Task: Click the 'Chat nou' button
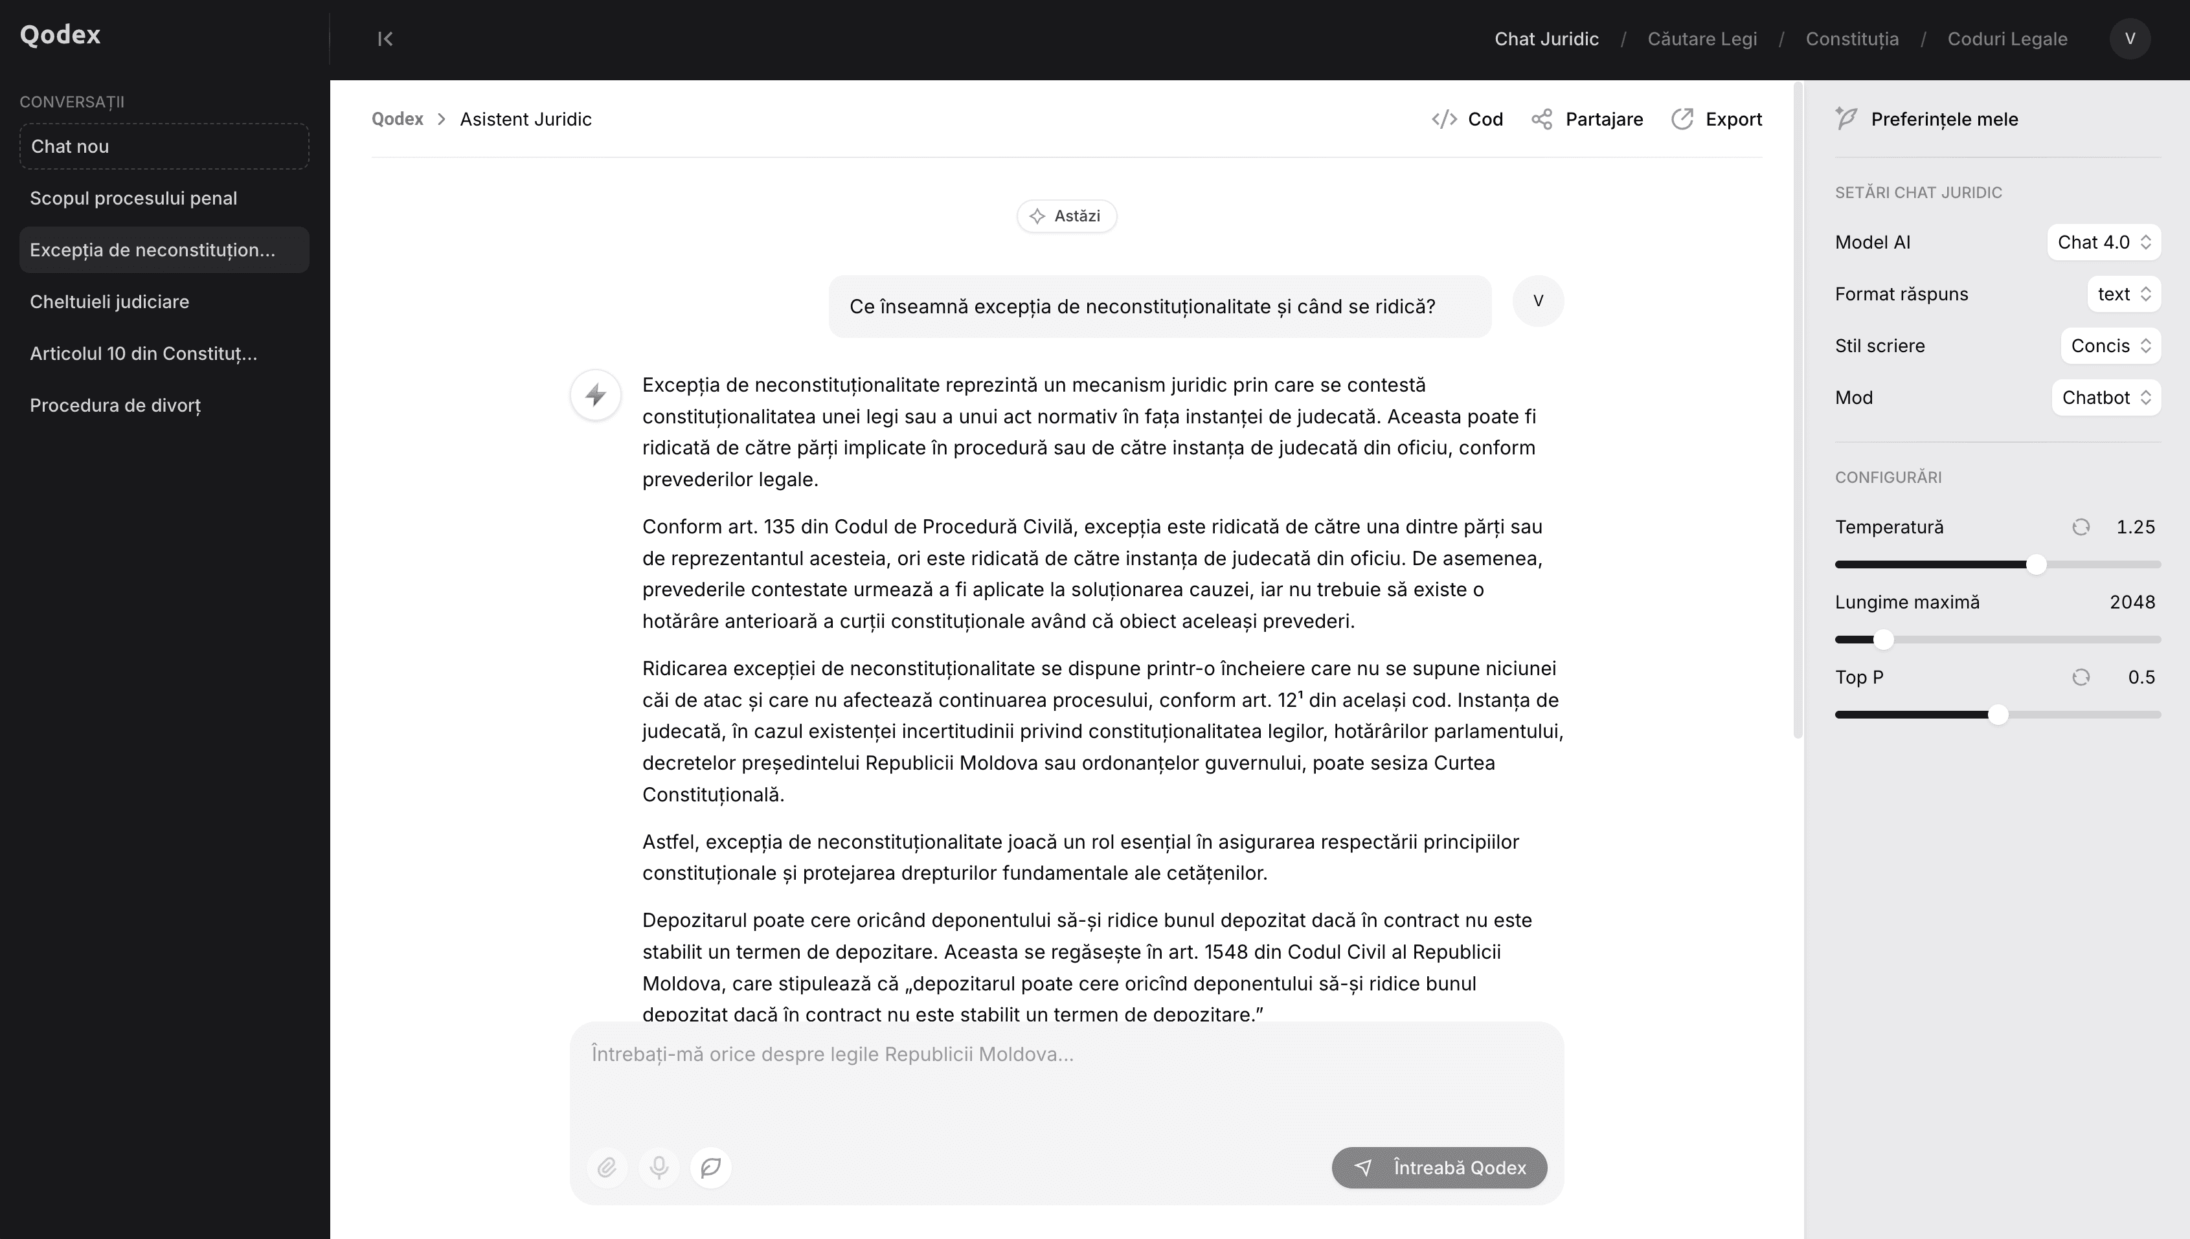click(x=163, y=146)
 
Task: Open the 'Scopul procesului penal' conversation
click(x=133, y=198)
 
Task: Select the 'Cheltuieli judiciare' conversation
click(x=110, y=302)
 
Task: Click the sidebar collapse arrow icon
click(x=385, y=39)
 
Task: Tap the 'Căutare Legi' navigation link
click(x=1702, y=39)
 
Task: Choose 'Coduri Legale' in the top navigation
click(x=2007, y=39)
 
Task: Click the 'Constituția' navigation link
click(x=1852, y=39)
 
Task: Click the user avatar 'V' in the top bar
click(x=2130, y=39)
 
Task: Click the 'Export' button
click(x=1717, y=119)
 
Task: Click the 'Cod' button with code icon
click(x=1467, y=119)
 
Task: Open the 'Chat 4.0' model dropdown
click(x=2104, y=243)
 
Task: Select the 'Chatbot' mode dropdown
click(x=2106, y=398)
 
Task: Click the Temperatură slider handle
click(x=2036, y=565)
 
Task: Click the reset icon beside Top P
click(x=2080, y=677)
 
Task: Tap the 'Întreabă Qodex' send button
click(x=1439, y=1168)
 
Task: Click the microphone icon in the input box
click(x=659, y=1168)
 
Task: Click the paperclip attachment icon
click(x=607, y=1168)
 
